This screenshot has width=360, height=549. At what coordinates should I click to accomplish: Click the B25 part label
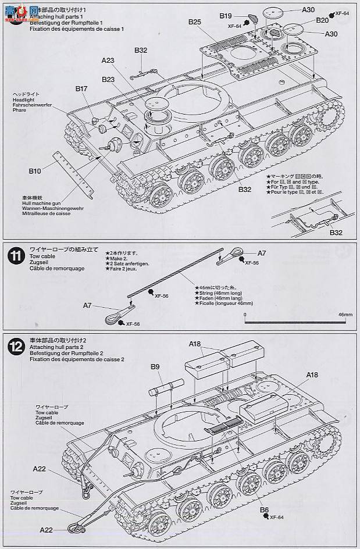pos(194,22)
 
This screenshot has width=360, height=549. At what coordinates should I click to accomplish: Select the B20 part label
pos(322,20)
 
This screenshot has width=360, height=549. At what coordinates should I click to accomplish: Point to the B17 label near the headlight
pos(81,88)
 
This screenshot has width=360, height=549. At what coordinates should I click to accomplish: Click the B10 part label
pos(34,172)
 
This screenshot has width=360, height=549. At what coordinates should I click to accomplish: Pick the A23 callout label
pos(108,59)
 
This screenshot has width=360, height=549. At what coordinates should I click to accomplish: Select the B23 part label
pos(108,79)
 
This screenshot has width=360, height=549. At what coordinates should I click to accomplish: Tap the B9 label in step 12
pos(155,367)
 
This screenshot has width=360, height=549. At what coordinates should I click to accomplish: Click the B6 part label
pos(263,510)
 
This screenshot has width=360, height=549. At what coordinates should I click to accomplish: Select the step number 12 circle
pos(16,347)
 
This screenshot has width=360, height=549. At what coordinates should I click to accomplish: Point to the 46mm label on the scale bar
pos(345,314)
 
